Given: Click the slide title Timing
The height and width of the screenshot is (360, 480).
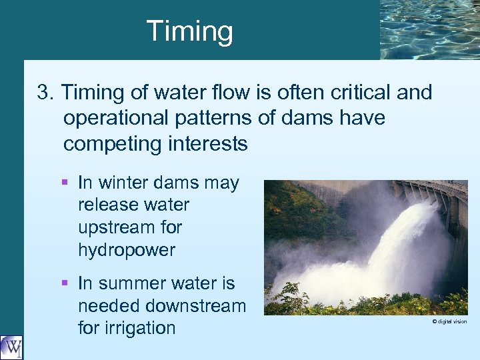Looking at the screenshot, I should pos(189,31).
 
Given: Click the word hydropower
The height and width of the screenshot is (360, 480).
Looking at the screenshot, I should pos(127,251).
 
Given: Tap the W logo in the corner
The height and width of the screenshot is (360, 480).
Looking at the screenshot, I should pos(11,347).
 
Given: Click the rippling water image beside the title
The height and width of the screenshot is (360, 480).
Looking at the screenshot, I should pos(429,29).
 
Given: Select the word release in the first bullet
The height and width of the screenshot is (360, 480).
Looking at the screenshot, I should pos(105,205).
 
